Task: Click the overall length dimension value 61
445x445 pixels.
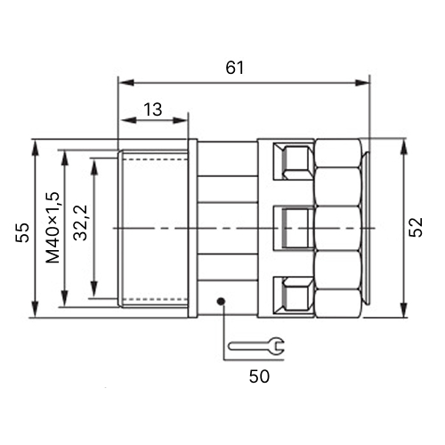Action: [x=234, y=68]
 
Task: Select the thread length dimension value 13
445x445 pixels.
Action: [x=153, y=109]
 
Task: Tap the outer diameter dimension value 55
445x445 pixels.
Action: [x=23, y=232]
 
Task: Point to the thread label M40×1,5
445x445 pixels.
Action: [x=53, y=228]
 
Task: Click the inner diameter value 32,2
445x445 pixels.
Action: [x=80, y=222]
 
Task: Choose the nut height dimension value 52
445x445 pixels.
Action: [x=416, y=227]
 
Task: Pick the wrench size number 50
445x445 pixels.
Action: [x=259, y=376]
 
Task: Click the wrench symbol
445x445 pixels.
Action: [x=256, y=346]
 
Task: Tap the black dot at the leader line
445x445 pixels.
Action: [x=221, y=302]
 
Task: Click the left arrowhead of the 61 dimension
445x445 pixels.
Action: [x=126, y=83]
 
